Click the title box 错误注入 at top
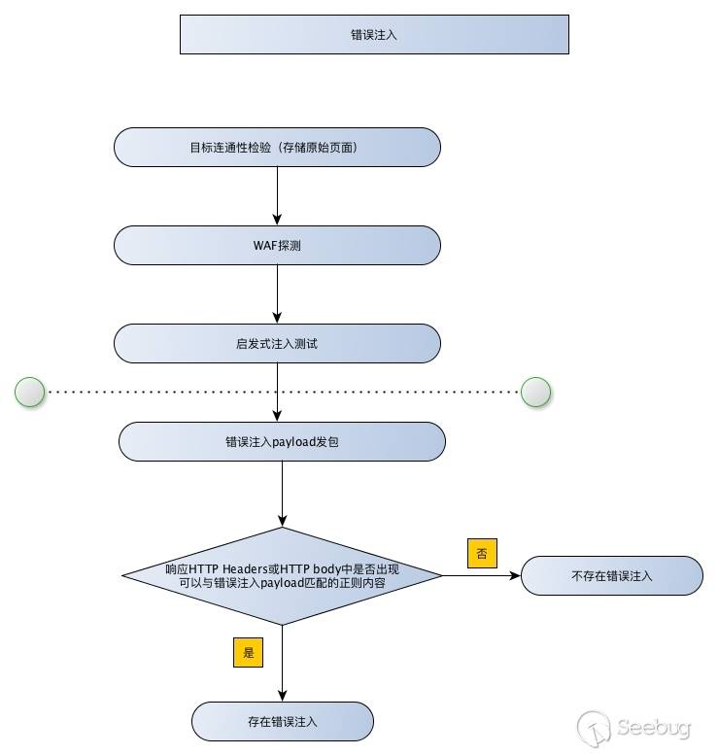pos(374,34)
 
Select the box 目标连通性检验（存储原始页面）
pos(277,148)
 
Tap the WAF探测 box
pos(277,246)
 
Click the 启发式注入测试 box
pos(277,344)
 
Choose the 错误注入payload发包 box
pos(282,441)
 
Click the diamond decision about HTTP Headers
pos(282,575)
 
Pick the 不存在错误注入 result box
pos(611,575)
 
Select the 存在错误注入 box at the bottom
pos(282,722)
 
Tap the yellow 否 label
pos(482,553)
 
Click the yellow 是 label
pos(249,652)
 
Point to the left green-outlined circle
pos(30,392)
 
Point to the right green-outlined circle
pos(535,392)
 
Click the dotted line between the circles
pos(282,392)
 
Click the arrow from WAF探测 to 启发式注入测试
pos(277,293)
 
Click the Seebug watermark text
pos(661,727)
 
